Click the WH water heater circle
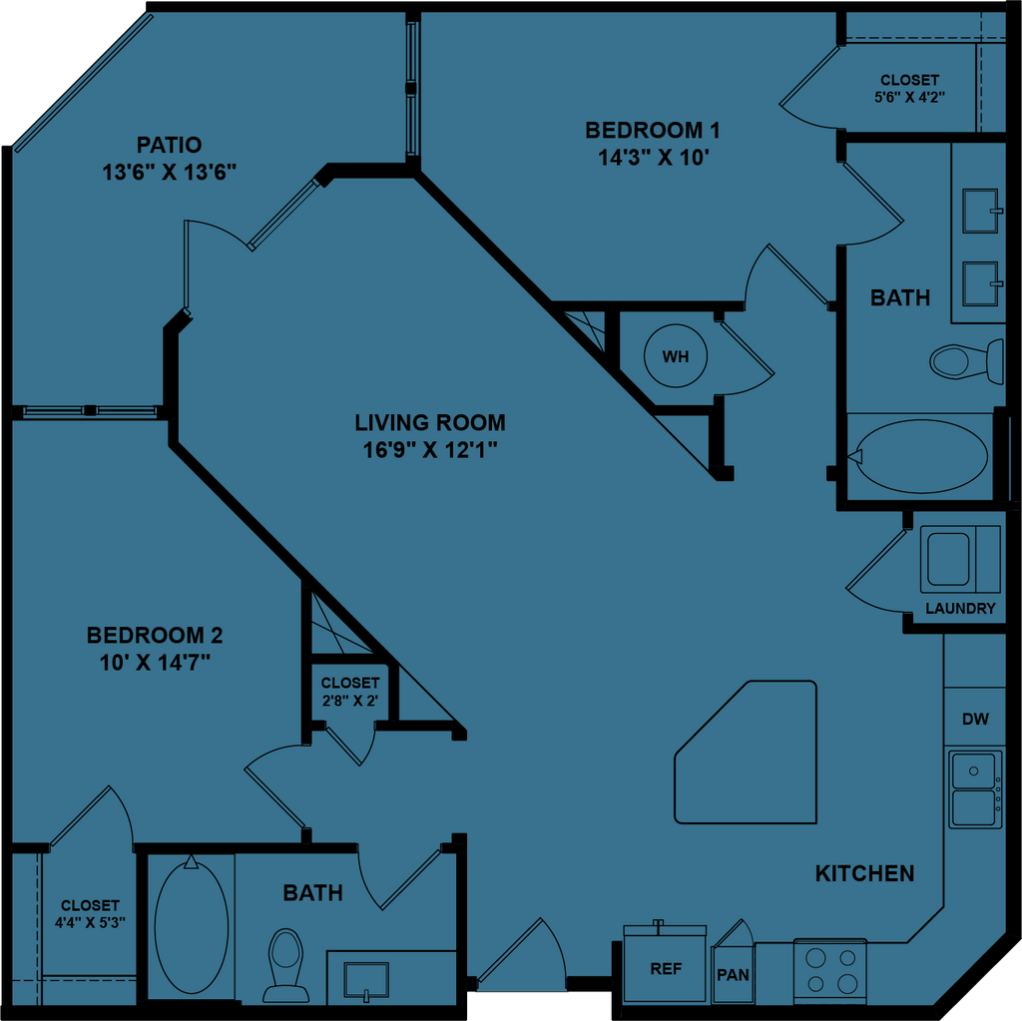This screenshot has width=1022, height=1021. (676, 356)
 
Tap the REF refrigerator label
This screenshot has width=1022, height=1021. (666, 968)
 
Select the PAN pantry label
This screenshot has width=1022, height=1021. (733, 974)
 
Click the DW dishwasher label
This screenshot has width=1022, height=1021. (975, 719)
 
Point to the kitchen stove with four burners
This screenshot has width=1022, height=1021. (830, 969)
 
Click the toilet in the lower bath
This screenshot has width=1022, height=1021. (286, 962)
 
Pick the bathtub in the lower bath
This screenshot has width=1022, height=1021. (191, 925)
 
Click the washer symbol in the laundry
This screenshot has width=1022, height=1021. (948, 558)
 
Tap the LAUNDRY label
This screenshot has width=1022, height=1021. (960, 608)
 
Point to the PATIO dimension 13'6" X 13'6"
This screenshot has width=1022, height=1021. (169, 172)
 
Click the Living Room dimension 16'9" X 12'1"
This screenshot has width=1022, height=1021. (430, 449)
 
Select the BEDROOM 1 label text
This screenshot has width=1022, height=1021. (652, 130)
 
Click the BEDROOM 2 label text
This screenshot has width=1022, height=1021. (155, 635)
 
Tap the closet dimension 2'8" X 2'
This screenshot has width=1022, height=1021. (349, 700)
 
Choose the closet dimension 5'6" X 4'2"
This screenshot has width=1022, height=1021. (909, 97)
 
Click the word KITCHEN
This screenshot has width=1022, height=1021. (864, 873)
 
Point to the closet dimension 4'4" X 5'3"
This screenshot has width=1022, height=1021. (90, 921)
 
